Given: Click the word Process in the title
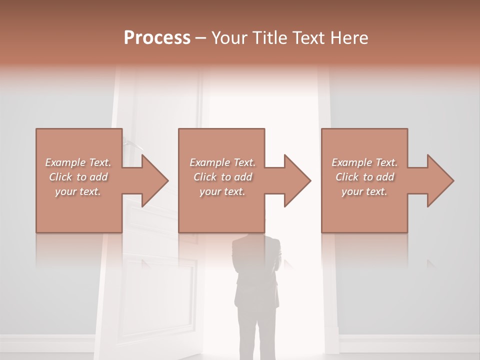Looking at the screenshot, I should [x=157, y=38].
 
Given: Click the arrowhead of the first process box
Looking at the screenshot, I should [x=154, y=180].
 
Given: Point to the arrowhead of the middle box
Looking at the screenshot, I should [x=296, y=180].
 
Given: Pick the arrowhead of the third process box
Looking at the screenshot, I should [x=439, y=180].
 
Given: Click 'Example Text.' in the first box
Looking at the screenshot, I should [x=78, y=162].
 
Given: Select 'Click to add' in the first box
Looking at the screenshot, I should [x=78, y=177].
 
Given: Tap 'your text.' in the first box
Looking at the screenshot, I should [x=78, y=191].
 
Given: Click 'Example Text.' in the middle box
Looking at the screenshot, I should [x=222, y=162].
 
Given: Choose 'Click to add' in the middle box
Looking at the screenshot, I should [x=222, y=177].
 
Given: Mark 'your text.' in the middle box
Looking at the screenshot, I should [x=222, y=191].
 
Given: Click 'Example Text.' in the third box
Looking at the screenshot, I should [x=364, y=162].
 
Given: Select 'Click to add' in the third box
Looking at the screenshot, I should [x=364, y=177].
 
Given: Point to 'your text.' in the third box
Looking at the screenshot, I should [x=364, y=191].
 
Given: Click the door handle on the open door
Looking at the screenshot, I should [x=132, y=144].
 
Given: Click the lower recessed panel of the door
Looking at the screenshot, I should [x=159, y=290].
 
